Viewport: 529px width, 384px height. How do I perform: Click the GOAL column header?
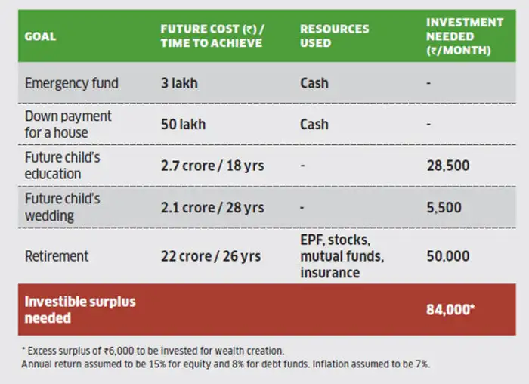click(x=40, y=36)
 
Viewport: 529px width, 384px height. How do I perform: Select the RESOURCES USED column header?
click(x=334, y=36)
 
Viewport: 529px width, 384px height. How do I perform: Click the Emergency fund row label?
click(x=72, y=82)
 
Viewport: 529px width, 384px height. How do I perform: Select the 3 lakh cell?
click(x=179, y=82)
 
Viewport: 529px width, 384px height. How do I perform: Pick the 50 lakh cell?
click(x=183, y=124)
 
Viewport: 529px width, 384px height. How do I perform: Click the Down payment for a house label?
click(x=68, y=124)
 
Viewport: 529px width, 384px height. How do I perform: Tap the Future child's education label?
click(x=63, y=166)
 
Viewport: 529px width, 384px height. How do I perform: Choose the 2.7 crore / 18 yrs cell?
click(x=212, y=166)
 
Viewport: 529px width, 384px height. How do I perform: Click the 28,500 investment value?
click(x=448, y=166)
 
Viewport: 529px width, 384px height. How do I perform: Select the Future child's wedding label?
click(x=63, y=206)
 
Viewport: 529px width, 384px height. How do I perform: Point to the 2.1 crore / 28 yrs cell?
click(x=212, y=207)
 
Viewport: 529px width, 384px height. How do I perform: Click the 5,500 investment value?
click(x=444, y=207)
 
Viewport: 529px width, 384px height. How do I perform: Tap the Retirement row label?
click(x=57, y=256)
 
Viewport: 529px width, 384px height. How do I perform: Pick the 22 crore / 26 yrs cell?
click(x=211, y=256)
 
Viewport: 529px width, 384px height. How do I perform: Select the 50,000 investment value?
click(x=448, y=256)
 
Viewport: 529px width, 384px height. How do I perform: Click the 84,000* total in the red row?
click(x=450, y=310)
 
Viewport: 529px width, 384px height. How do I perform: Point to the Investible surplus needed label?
click(x=80, y=310)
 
